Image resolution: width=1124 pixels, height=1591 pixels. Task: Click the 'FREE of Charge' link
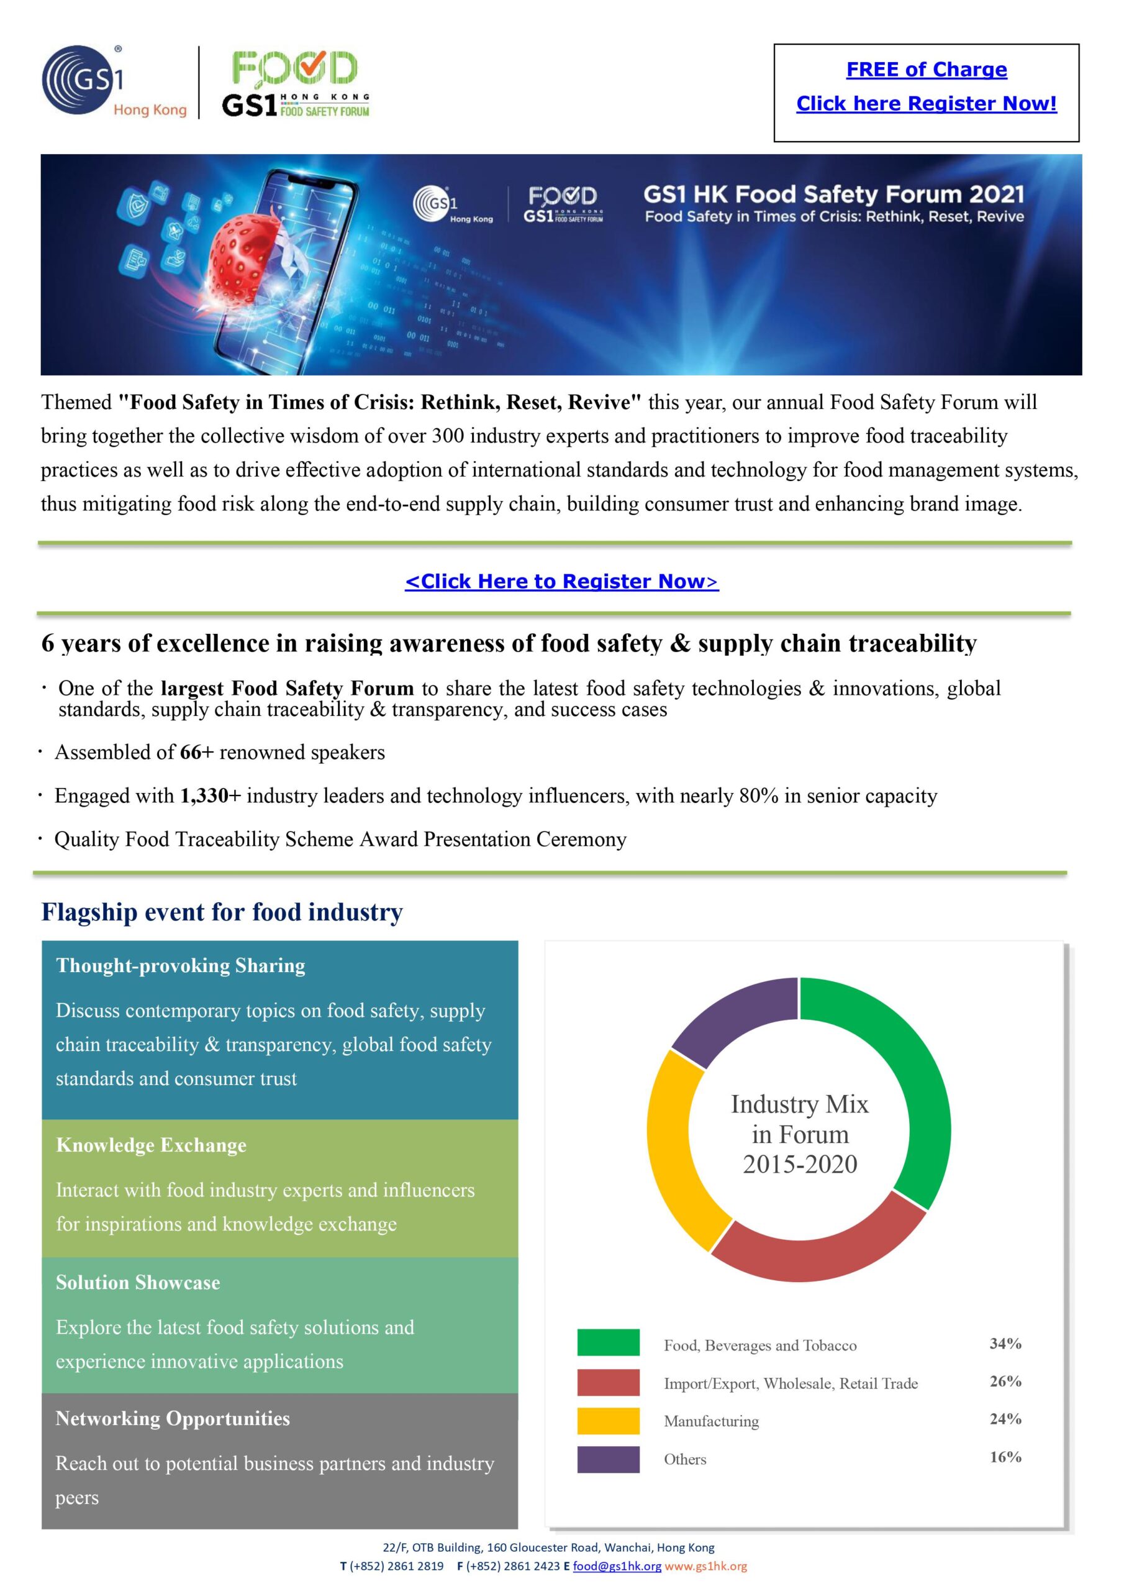pos(926,69)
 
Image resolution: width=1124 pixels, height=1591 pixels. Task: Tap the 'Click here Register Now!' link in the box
pos(926,103)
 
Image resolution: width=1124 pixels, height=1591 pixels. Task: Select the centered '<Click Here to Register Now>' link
pos(561,580)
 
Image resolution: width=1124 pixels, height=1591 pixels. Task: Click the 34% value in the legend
pos(1005,1343)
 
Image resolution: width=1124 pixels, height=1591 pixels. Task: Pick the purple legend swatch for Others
pos(608,1459)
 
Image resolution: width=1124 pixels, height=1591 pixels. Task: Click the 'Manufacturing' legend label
pos(711,1421)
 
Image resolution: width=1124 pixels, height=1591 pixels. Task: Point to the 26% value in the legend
pos(1005,1381)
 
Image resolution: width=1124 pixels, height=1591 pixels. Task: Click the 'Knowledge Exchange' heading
pos(151,1145)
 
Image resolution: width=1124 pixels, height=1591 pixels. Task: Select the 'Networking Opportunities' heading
pos(173,1418)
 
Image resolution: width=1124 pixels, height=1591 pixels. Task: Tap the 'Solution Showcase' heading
pos(138,1282)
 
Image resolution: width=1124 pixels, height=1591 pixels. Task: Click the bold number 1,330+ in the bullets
pos(210,795)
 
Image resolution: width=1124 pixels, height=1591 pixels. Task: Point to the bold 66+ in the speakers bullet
pos(196,752)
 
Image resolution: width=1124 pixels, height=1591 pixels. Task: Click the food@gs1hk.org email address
pos(617,1566)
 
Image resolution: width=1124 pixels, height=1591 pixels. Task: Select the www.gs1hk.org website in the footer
pos(705,1566)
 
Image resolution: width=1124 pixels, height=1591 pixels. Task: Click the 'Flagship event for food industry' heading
pos(222,912)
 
